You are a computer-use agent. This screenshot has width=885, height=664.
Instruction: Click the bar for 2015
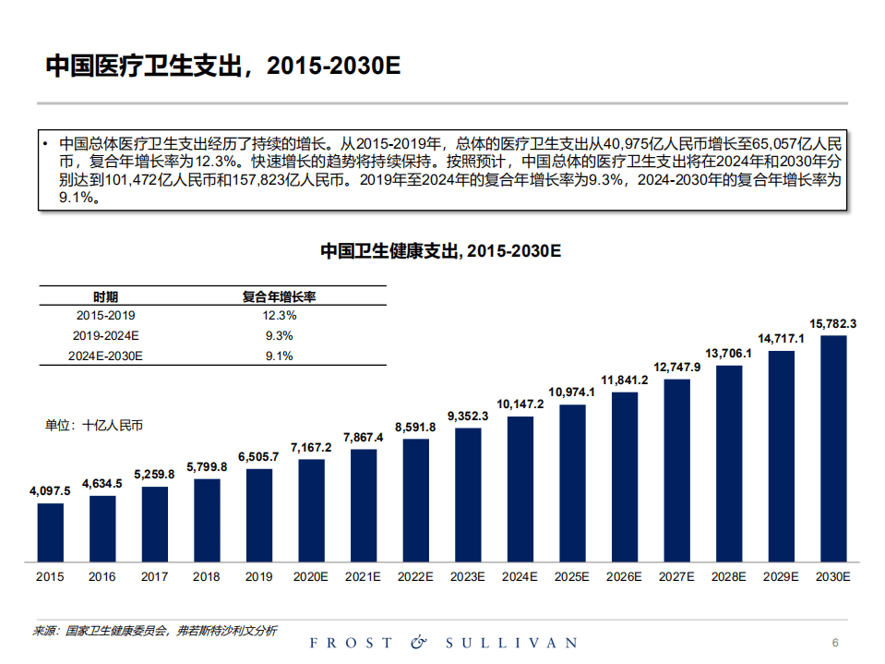pos(51,532)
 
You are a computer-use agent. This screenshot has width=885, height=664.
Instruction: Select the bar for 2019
pos(259,514)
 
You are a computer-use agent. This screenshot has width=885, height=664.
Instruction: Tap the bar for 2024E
pos(520,489)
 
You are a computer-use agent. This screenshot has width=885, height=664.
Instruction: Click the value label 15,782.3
pos(833,324)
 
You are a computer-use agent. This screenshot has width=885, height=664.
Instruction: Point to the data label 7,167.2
pos(311,448)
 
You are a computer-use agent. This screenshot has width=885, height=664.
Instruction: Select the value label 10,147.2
pos(520,404)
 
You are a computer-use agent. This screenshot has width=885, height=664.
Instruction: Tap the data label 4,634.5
pos(102,483)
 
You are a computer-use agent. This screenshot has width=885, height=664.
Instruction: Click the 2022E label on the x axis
pos(415,577)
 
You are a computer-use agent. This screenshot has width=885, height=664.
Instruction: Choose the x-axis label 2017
pos(155,577)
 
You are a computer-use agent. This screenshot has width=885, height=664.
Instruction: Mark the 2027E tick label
pos(676,577)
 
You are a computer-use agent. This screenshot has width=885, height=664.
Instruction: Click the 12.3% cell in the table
pos(279,315)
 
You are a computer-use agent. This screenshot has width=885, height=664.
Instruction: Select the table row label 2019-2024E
pos(106,335)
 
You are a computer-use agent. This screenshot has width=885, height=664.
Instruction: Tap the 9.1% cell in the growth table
pos(279,356)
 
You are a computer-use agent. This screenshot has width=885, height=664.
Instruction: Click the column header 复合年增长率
pos(280,296)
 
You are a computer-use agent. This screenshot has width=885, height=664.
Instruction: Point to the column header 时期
pos(105,296)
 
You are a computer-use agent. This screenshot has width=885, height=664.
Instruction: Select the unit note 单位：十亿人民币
pos(94,426)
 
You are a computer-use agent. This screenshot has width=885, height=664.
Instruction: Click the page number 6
pos(834,643)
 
